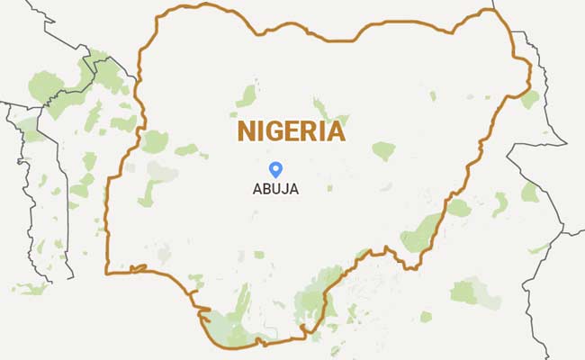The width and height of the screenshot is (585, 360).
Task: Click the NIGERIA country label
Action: (292, 131)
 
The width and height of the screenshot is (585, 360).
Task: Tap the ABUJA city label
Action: (275, 190)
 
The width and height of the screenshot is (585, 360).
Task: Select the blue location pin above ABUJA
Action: (276, 168)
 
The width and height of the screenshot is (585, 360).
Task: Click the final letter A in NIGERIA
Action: (336, 131)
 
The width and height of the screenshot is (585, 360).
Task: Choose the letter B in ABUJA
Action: (267, 190)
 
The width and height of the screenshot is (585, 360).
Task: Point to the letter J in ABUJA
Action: (287, 190)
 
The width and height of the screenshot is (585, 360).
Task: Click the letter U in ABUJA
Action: (277, 190)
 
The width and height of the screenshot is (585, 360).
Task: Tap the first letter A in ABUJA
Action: (257, 190)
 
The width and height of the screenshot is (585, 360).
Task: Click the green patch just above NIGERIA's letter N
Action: (247, 94)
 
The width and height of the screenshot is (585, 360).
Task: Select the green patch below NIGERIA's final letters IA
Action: (383, 150)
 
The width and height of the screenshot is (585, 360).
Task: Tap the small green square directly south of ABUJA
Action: (259, 255)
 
